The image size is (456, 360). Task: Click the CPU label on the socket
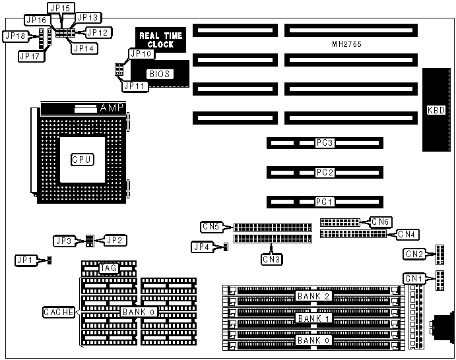[82, 159]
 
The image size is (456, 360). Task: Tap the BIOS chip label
[160, 74]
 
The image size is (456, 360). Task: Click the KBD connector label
[437, 111]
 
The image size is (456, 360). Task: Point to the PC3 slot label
[324, 143]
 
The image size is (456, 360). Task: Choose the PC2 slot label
[324, 172]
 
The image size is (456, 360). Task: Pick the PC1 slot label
[324, 201]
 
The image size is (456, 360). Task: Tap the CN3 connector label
[272, 259]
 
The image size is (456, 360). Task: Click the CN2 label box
[414, 255]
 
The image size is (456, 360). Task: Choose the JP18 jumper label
[15, 36]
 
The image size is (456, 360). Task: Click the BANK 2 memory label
[313, 296]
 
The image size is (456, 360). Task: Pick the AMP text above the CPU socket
[110, 107]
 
